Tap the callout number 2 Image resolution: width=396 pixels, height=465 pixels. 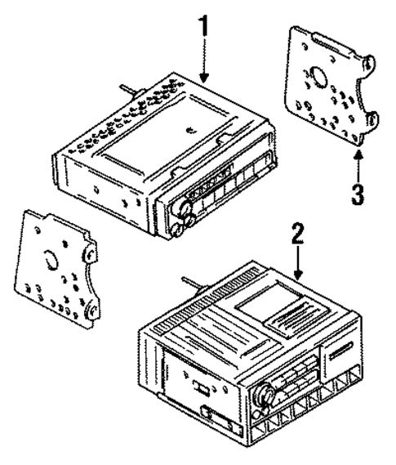(299, 236)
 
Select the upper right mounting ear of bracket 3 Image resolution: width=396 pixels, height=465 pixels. (371, 65)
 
